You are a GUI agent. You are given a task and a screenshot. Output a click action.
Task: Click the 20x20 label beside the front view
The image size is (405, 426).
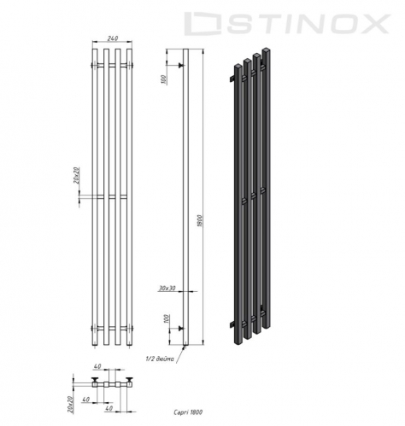pos(76,177)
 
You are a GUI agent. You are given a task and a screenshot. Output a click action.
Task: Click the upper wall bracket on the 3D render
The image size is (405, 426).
pos(230,79)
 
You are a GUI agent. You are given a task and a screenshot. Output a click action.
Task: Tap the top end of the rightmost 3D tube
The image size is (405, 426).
pos(268,52)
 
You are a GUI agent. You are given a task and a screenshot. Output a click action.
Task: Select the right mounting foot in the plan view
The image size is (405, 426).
pos(131,379)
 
